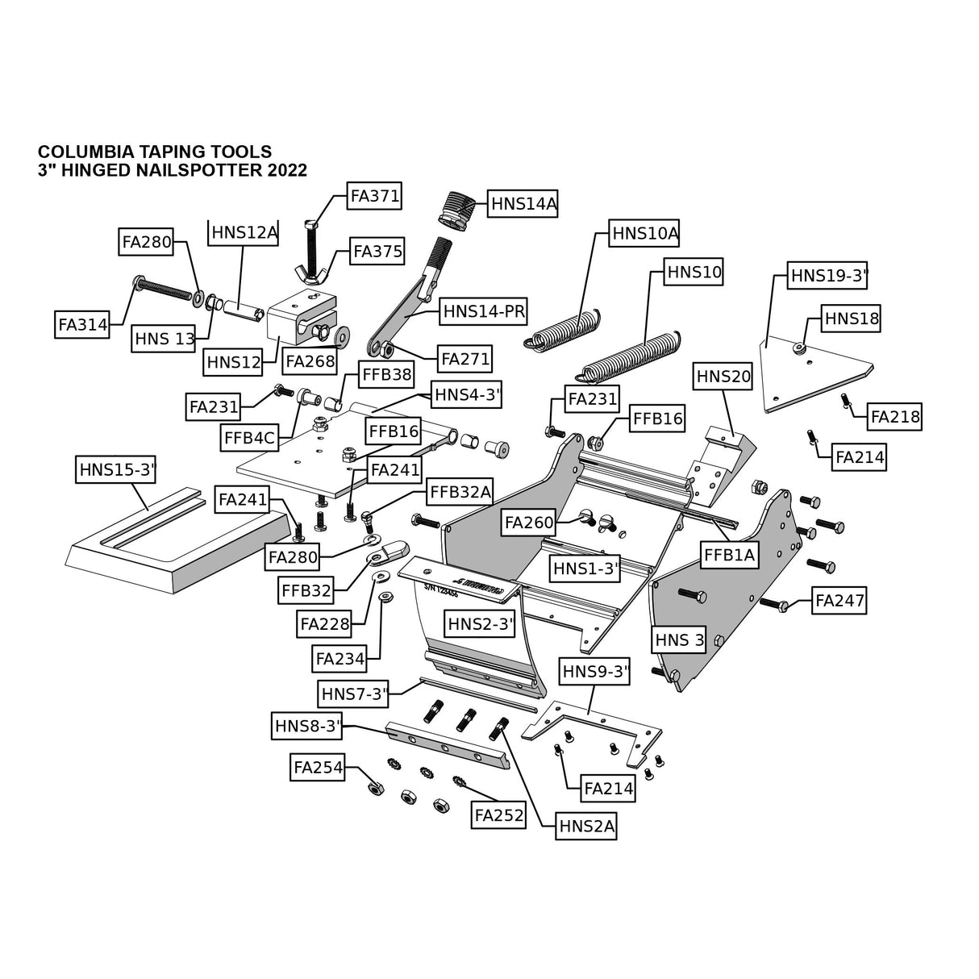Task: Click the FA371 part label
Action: pos(374,197)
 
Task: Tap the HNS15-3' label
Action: pos(116,470)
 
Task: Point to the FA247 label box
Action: pos(839,601)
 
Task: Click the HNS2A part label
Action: pos(586,826)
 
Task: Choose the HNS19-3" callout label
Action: pos(828,277)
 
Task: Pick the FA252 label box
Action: pos(499,815)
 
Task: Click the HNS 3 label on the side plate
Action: pos(680,641)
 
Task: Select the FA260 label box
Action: pos(529,523)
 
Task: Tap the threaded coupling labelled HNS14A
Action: pos(456,210)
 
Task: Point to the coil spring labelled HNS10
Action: pos(630,356)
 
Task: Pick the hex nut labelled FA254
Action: pos(373,786)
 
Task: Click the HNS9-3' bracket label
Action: pos(595,670)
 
